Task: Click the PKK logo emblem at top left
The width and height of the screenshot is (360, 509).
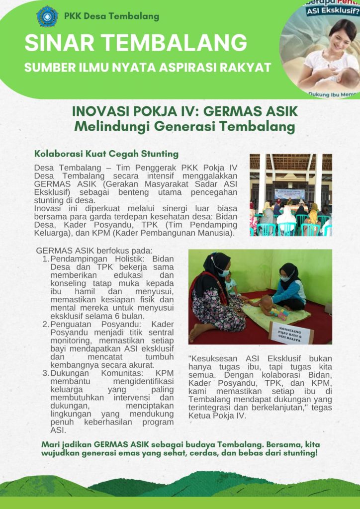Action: tap(47, 16)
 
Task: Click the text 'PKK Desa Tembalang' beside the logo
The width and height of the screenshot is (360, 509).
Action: tap(111, 16)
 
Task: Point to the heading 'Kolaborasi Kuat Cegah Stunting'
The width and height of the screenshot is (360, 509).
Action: tap(106, 154)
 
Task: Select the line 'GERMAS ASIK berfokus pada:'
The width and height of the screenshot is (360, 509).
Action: tap(94, 251)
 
